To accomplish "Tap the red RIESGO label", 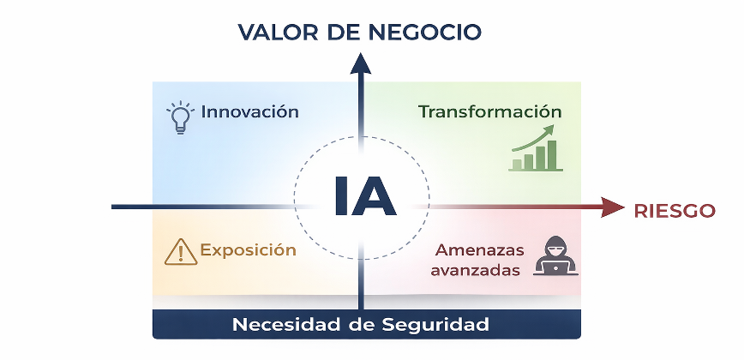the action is (x=675, y=211).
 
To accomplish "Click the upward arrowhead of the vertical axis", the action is (x=361, y=63).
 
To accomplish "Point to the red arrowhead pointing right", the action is (x=613, y=207).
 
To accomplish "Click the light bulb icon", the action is (x=181, y=117).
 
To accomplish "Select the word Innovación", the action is (x=249, y=112).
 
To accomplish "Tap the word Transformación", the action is (x=489, y=112).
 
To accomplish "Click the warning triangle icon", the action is (x=181, y=252).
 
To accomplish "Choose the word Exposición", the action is (x=249, y=250).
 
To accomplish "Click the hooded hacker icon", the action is (x=555, y=255).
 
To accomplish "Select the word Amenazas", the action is (x=479, y=250).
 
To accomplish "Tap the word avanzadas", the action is (x=475, y=270).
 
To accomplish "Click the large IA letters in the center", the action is (x=364, y=196).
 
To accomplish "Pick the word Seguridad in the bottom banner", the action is (x=435, y=325).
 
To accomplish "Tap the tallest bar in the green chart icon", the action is (x=552, y=155).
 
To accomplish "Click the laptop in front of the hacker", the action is (x=555, y=268).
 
